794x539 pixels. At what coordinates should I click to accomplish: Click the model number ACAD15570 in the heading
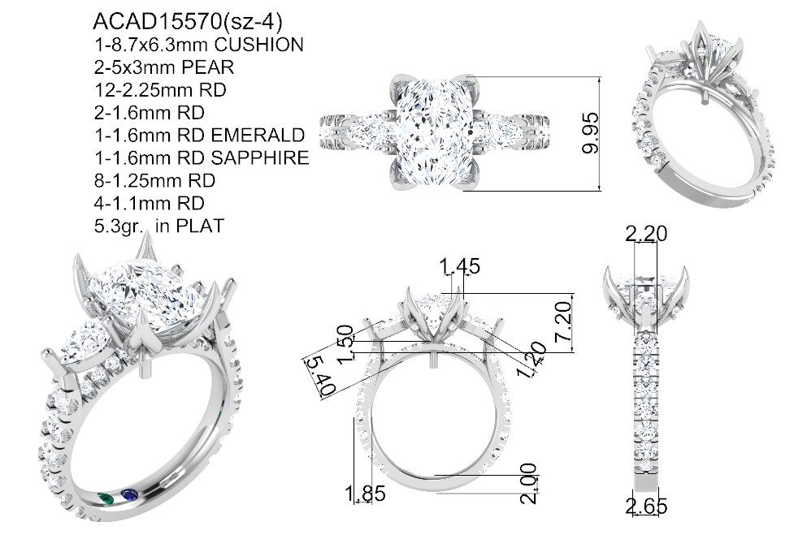coord(158,22)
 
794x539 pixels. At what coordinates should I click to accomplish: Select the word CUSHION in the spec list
coord(258,45)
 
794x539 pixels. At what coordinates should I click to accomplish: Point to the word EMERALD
coord(258,135)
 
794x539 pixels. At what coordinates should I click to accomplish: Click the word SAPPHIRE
coord(260,157)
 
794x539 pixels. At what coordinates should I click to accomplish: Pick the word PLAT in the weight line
coord(200,226)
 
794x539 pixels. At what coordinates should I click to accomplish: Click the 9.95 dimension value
coord(591,133)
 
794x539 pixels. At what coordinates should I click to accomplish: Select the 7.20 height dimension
coord(563,321)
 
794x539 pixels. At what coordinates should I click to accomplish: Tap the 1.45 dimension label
coord(459,266)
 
